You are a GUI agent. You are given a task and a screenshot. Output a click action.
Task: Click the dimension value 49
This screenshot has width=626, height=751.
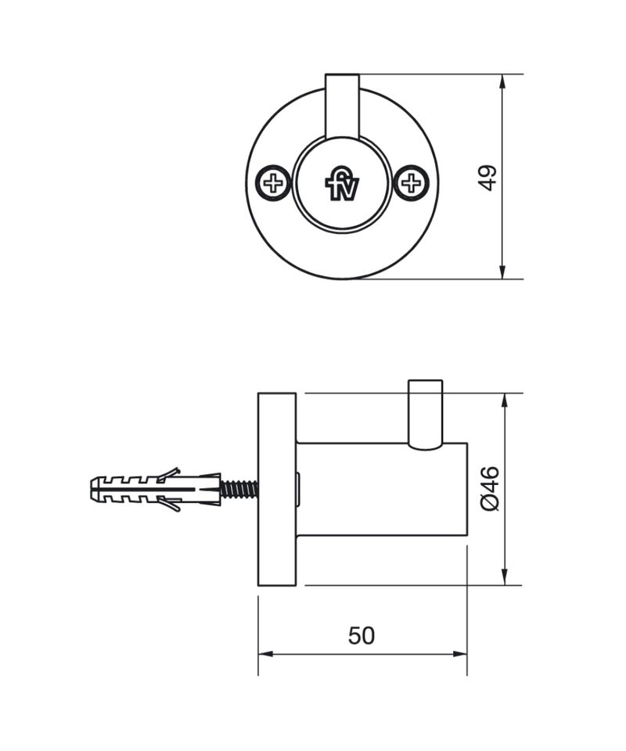click(488, 178)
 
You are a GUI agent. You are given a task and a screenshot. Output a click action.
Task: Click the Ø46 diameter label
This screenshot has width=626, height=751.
click(490, 488)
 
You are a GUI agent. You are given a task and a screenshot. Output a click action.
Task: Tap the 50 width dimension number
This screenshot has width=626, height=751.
click(362, 636)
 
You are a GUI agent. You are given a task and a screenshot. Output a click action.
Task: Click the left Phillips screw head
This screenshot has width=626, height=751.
click(273, 183)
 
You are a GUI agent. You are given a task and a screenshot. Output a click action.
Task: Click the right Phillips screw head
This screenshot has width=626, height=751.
click(411, 182)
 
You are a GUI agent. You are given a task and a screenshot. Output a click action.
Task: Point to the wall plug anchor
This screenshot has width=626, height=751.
click(156, 489)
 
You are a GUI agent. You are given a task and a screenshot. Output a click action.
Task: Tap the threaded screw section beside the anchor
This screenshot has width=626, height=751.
click(239, 489)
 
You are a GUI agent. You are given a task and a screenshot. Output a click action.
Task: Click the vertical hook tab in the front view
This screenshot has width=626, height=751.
click(342, 106)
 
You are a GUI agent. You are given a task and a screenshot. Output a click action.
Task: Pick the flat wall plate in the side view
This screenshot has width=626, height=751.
click(277, 489)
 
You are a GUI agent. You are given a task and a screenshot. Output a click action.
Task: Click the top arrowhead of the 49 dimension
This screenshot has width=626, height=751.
click(502, 81)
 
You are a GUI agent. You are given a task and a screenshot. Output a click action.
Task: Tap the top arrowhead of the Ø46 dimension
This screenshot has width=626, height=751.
click(504, 401)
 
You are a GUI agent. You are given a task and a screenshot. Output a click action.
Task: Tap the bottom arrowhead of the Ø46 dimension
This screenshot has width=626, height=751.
click(504, 577)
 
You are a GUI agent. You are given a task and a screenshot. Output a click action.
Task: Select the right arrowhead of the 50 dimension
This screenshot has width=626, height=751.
click(459, 654)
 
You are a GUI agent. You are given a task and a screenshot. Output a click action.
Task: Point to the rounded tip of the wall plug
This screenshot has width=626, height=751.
click(94, 489)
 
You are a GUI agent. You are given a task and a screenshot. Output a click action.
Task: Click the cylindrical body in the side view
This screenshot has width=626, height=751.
click(382, 489)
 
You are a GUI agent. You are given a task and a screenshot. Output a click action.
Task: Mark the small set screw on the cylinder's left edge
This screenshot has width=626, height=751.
click(298, 489)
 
